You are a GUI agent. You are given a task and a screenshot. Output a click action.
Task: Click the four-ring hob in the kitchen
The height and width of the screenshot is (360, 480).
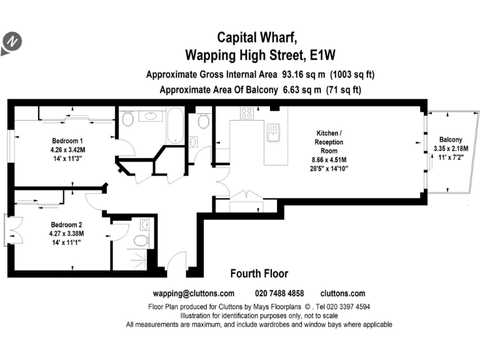point(246,113)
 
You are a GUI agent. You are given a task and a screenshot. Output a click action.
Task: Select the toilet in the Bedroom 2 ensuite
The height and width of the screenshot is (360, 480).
point(141,241)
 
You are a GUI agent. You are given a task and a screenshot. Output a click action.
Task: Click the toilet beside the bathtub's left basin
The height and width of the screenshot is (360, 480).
point(127,119)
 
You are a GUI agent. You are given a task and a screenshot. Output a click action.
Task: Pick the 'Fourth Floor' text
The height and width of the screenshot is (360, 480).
point(259,274)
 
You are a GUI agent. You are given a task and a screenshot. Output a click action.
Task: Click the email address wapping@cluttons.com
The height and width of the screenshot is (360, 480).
point(194,293)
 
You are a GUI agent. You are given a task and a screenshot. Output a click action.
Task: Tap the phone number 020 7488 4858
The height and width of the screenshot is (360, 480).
point(279,293)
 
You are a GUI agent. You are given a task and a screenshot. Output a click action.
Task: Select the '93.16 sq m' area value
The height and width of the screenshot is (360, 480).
point(304,74)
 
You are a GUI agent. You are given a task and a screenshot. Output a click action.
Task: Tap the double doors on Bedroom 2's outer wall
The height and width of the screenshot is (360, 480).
point(15,229)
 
